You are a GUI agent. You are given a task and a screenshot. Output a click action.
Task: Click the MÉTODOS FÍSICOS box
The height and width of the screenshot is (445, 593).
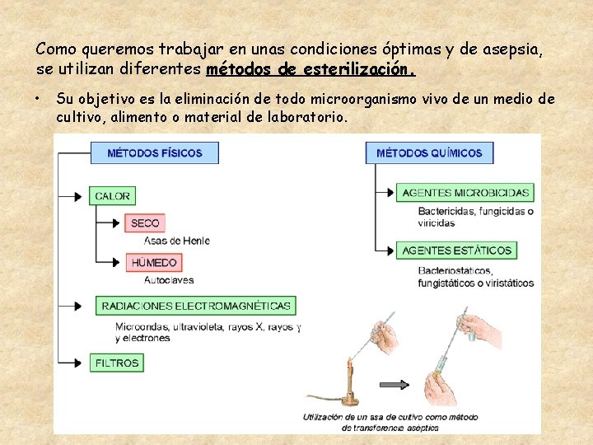(155, 152)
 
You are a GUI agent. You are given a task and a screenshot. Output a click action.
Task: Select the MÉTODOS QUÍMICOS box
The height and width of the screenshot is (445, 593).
(428, 152)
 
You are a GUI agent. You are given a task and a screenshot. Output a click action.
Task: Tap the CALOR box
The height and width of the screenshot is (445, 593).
(113, 196)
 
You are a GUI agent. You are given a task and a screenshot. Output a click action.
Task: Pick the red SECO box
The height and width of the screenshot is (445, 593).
(145, 223)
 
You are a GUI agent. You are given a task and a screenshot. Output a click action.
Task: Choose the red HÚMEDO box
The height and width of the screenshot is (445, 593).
(154, 263)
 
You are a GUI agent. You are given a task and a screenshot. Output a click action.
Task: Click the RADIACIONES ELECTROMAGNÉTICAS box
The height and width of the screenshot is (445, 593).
(195, 306)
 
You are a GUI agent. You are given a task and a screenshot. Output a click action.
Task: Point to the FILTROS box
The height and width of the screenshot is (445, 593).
(117, 363)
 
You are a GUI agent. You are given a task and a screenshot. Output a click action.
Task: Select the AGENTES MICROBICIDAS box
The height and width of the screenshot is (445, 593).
(465, 193)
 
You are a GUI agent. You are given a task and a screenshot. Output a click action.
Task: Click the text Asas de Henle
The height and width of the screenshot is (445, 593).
(176, 241)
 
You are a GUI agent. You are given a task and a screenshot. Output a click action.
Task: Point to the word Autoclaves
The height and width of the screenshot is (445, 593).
(169, 280)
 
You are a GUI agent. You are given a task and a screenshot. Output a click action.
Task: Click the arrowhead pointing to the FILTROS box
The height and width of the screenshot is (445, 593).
(79, 363)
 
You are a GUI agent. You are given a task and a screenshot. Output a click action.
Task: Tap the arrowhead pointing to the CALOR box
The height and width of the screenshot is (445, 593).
(79, 196)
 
